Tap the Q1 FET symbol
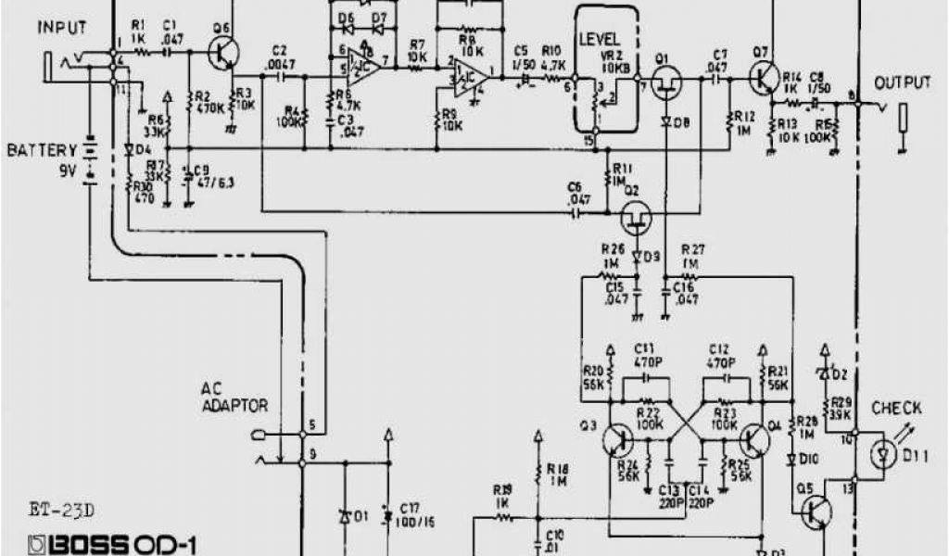pyautogui.click(x=664, y=86)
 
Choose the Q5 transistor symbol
pyautogui.click(x=815, y=511)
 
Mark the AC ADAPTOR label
pyautogui.click(x=237, y=398)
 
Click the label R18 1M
pyautogui.click(x=557, y=474)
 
